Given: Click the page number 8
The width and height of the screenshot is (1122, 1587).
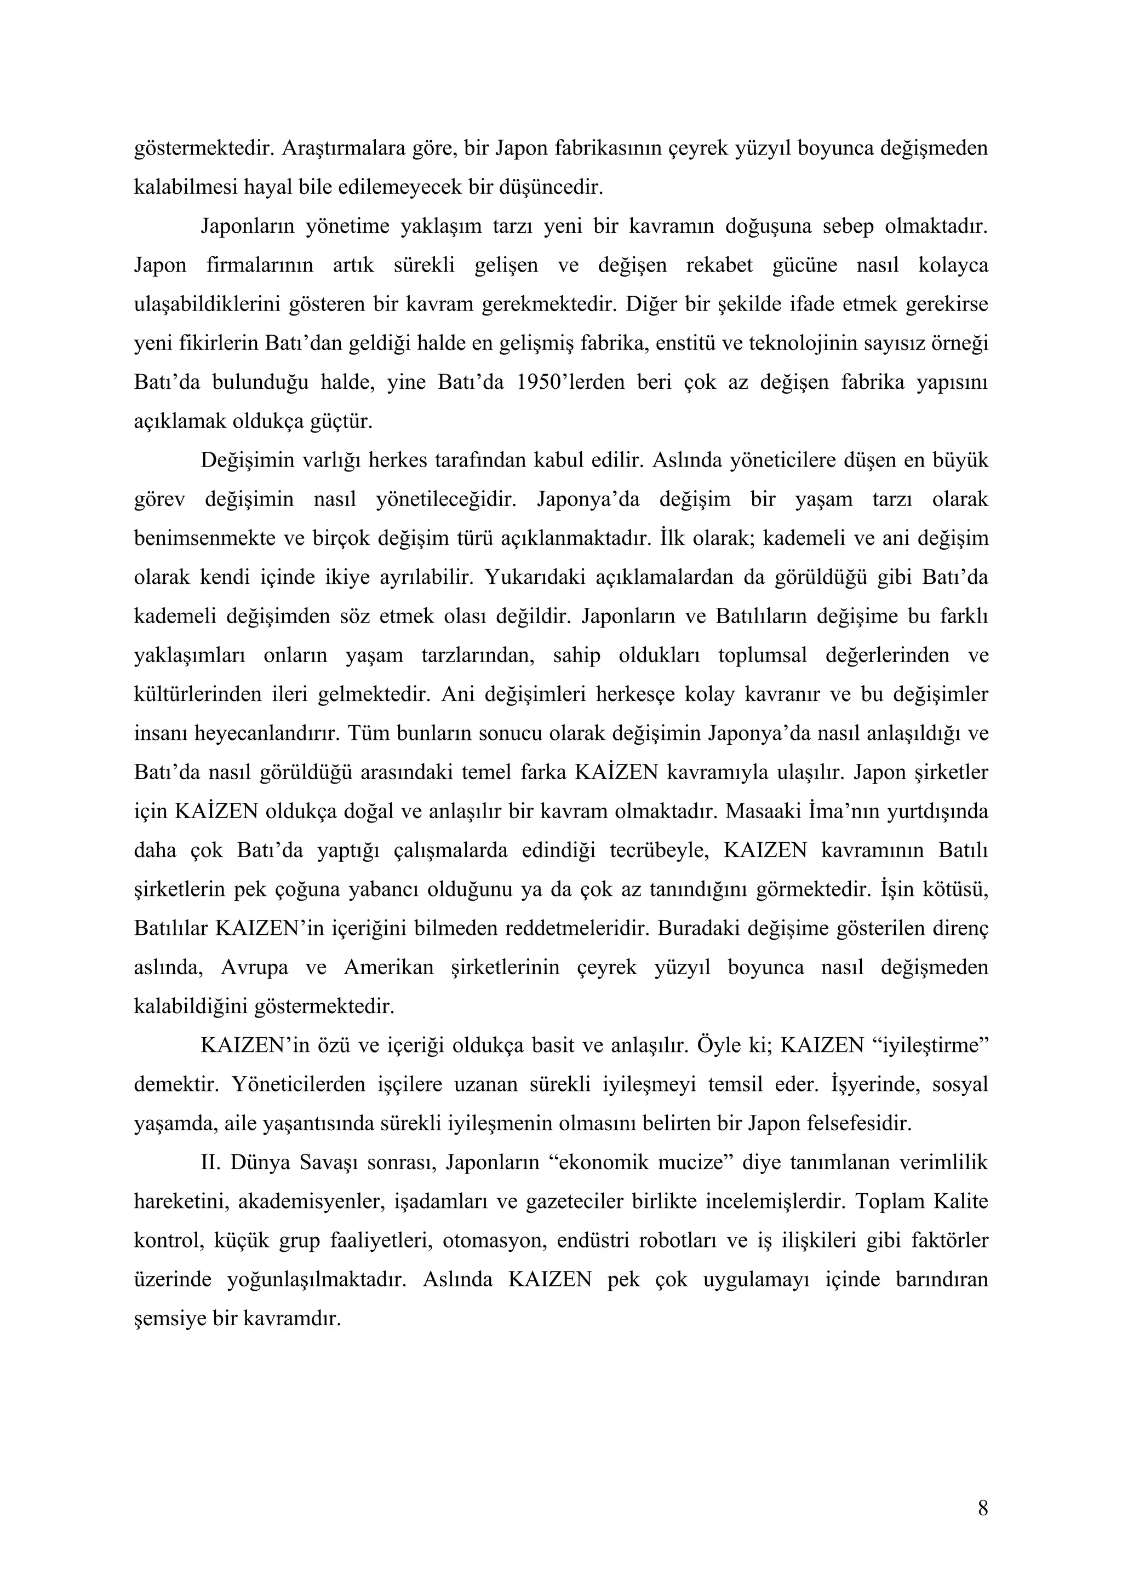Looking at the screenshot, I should point(982,1508).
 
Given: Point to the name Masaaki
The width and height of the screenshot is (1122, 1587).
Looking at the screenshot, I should point(763,811).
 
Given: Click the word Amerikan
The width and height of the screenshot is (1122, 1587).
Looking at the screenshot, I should point(388,967).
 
